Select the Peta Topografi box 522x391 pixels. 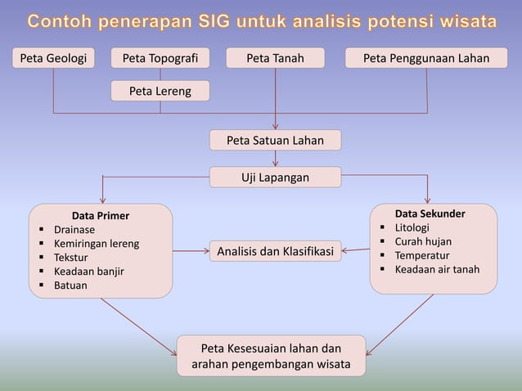click(160, 58)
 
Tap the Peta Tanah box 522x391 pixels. click(275, 58)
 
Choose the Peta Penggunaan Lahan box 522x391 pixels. click(426, 58)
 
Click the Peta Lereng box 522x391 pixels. click(160, 91)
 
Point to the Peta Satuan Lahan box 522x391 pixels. click(275, 141)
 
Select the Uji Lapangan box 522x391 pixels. click(275, 177)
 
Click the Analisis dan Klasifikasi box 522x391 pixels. click(275, 252)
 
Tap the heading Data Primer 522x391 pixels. click(100, 216)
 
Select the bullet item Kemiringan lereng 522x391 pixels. click(96, 244)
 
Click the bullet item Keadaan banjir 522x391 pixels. click(88, 272)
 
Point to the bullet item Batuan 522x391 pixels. click(70, 285)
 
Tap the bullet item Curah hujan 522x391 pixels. click(422, 241)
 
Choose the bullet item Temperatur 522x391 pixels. click(421, 255)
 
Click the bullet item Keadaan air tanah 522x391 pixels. click(437, 269)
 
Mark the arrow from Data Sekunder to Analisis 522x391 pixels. click(356, 250)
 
